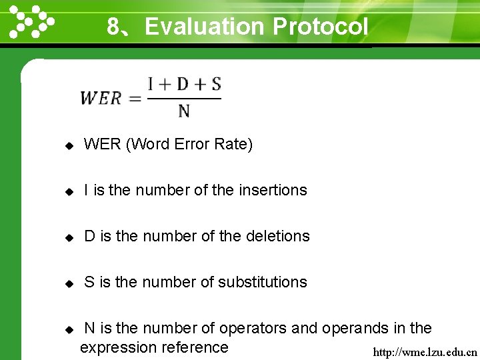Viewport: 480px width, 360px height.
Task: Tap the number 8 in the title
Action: [x=114, y=27]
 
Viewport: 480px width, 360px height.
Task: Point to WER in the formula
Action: [x=101, y=98]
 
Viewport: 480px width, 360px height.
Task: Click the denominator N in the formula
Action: [x=184, y=111]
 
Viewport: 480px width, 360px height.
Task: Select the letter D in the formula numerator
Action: [x=182, y=85]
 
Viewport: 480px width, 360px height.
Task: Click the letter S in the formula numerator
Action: [x=215, y=85]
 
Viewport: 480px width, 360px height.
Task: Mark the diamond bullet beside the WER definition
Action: [x=68, y=145]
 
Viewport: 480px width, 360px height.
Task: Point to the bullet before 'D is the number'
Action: [x=68, y=237]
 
